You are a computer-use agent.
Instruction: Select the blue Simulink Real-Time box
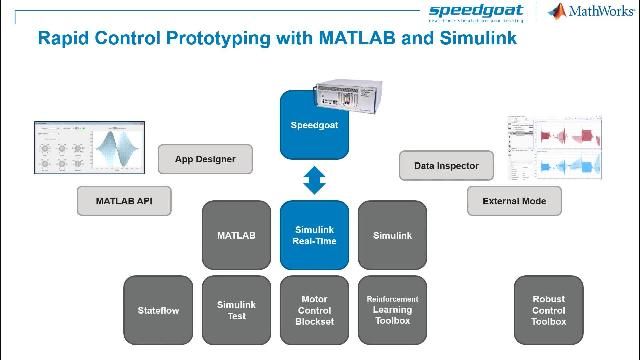tap(314, 235)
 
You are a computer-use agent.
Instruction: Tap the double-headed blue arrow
tap(314, 180)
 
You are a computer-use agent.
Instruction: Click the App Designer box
tap(204, 158)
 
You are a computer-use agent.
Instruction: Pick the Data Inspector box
tap(446, 166)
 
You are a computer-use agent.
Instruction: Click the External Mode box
tap(514, 201)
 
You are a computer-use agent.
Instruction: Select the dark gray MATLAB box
tap(236, 236)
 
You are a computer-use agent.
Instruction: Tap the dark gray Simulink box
tap(392, 236)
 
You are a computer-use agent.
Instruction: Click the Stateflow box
tap(158, 310)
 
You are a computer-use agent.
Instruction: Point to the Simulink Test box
tap(236, 310)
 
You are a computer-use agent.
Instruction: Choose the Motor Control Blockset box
tap(314, 310)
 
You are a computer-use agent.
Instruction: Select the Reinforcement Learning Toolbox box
tap(392, 310)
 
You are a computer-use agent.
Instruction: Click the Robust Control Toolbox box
tap(548, 310)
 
